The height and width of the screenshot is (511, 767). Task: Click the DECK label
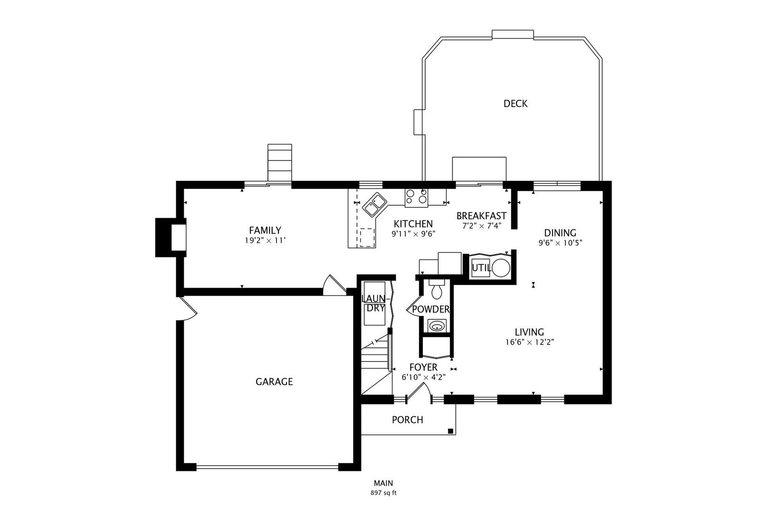coord(515,103)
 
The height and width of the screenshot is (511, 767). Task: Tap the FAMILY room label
coord(265,230)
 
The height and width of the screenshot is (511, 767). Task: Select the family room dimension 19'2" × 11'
coord(265,241)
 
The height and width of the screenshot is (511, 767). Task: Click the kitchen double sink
coord(374,204)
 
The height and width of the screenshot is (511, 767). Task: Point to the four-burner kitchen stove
coord(416,198)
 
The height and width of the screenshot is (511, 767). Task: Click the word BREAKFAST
coord(482,216)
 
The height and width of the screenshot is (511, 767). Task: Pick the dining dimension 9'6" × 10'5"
coord(560,243)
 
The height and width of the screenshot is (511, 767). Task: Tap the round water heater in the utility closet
coord(501,268)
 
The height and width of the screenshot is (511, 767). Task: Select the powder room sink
coord(437,326)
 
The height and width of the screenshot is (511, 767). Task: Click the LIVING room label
coord(529,332)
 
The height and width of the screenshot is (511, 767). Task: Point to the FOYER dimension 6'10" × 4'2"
coord(424,378)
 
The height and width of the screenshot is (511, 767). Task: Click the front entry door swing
coord(419,393)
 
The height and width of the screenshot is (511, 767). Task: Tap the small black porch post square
coord(451,431)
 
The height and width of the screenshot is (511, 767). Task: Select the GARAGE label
coord(274,382)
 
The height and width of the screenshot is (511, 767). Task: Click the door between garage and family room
coord(335,285)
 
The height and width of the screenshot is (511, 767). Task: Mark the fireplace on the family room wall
coord(171,238)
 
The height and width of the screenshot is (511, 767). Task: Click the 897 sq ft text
coord(383,493)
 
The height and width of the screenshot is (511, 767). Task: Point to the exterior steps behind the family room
coord(280,163)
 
